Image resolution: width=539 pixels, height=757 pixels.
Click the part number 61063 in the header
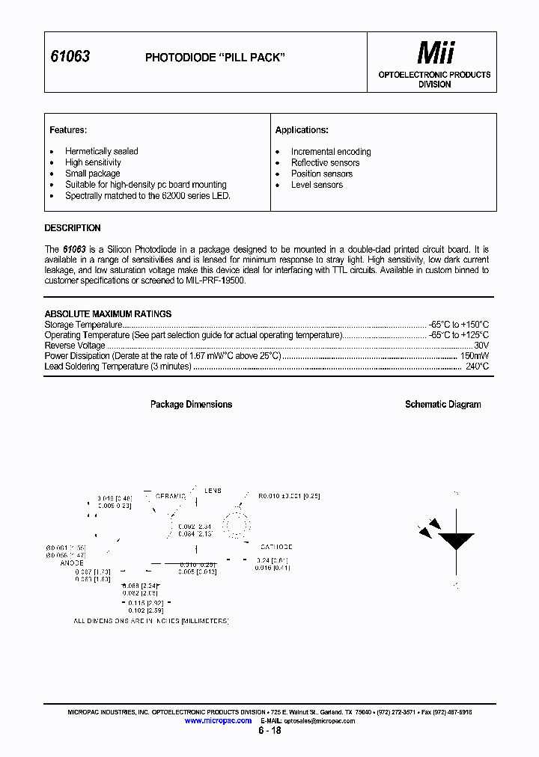coord(70,57)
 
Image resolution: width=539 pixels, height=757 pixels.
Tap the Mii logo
coord(435,53)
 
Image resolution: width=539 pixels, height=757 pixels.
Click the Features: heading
coord(68,130)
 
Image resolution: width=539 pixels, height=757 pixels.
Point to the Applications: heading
coord(302,130)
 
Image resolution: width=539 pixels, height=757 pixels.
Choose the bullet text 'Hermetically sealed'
coord(101,151)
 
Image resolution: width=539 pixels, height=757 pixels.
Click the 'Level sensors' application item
coord(317,185)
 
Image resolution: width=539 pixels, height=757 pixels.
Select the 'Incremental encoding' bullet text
coord(331,152)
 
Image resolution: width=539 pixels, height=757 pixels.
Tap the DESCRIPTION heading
coord(73,228)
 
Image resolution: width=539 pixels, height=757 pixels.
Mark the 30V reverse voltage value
coord(481,346)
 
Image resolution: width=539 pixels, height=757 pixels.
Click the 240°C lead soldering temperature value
coord(477,367)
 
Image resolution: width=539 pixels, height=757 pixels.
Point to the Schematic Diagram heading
coord(442,405)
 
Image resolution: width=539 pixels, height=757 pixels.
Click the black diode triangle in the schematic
coord(455,541)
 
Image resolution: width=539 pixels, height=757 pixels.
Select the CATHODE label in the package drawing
coord(276,548)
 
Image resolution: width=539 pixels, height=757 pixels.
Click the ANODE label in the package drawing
coord(72,563)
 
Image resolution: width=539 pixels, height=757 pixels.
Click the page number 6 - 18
coord(269,731)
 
